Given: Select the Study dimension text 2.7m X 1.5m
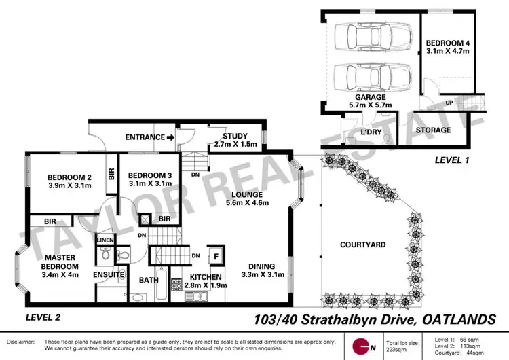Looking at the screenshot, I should [216, 144].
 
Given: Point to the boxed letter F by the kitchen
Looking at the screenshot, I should [216, 255].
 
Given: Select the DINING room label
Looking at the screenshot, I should [261, 266].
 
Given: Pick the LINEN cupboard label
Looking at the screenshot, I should [105, 240].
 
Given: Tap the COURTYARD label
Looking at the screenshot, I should [362, 245].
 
